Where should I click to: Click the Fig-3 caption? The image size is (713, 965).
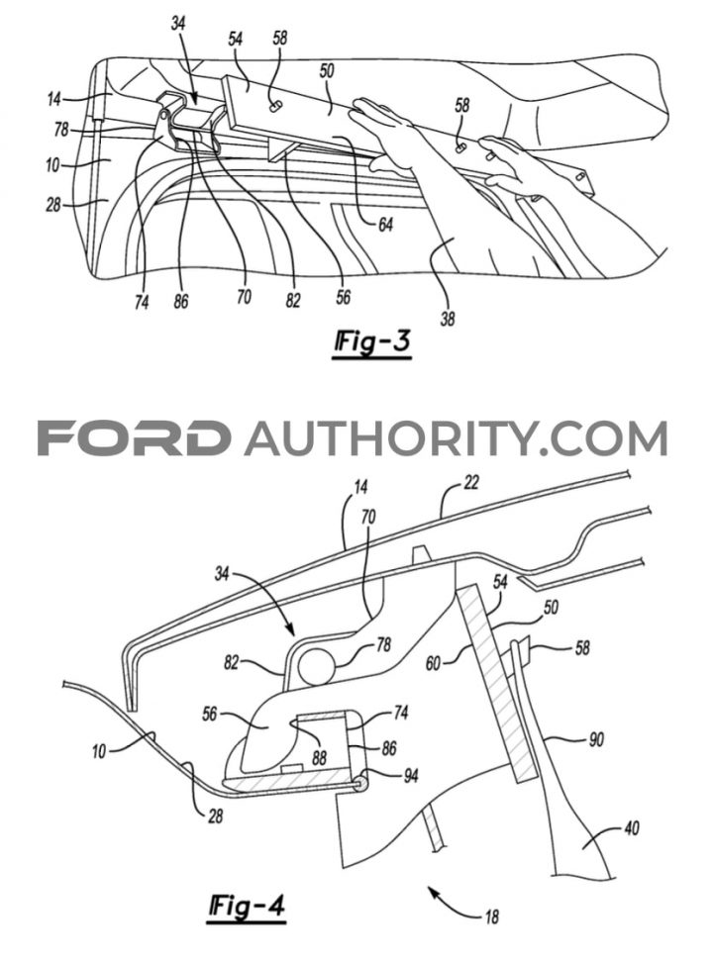372,342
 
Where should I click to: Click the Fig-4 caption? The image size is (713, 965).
247,907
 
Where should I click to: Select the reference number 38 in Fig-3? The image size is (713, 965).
448,319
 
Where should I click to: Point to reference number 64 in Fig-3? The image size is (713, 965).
385,226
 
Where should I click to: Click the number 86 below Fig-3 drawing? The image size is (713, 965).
181,302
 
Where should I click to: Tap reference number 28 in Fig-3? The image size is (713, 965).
53,204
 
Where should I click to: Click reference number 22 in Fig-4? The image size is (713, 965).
471,484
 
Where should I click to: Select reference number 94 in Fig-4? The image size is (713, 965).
410,776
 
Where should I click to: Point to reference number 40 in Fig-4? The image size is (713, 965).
632,828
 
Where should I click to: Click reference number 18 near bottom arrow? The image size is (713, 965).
491,917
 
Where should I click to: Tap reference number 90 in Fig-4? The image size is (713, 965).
596,738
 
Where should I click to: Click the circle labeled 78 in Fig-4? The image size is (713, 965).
316,666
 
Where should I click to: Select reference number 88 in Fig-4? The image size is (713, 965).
319,756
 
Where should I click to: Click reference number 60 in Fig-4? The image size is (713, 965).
434,663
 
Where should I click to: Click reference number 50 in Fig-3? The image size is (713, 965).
327,71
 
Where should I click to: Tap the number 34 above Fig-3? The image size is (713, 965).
178,24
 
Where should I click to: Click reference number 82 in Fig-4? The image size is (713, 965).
231,664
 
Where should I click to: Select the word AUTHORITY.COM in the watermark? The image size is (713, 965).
457,438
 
